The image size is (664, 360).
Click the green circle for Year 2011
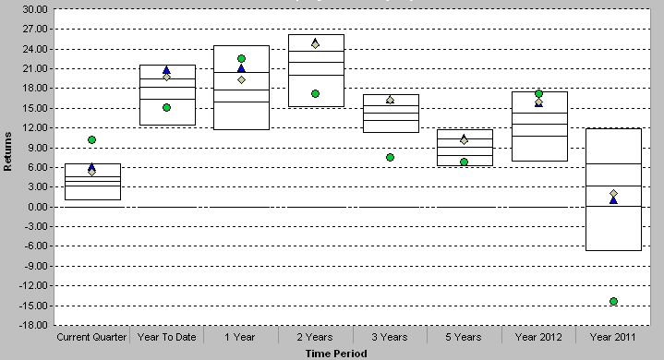(x=613, y=301)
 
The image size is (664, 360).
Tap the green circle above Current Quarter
(x=92, y=139)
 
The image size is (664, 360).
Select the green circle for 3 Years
(x=390, y=157)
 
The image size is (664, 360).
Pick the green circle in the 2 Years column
(x=316, y=93)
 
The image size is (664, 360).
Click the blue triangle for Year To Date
(x=166, y=70)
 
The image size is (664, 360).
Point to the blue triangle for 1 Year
(x=241, y=68)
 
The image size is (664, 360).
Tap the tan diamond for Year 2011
(x=613, y=193)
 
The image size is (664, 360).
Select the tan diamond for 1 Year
(x=241, y=79)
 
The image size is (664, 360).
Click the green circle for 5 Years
(x=465, y=162)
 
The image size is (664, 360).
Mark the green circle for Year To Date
(x=166, y=107)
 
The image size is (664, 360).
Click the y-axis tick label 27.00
(x=35, y=29)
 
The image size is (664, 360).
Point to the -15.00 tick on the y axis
(x=34, y=306)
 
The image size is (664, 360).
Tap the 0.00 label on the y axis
(x=38, y=207)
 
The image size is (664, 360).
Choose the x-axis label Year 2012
(x=538, y=337)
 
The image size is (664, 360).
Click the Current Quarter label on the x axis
(x=91, y=337)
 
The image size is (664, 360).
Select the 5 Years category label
(x=464, y=337)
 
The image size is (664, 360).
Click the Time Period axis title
(x=336, y=354)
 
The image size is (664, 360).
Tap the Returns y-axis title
(x=7, y=151)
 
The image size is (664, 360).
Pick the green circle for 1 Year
(x=241, y=58)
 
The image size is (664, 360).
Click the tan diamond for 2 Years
(x=316, y=44)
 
